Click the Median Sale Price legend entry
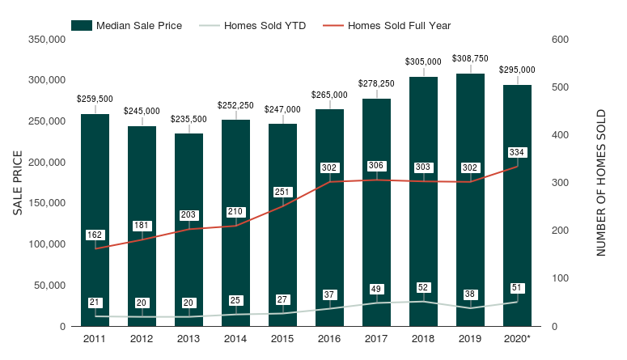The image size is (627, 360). (126, 26)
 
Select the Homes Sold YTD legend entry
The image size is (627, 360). (252, 26)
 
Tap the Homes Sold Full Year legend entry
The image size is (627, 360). (387, 26)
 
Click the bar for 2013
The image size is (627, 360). (189, 230)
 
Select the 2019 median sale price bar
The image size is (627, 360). (470, 200)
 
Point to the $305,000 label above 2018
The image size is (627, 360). (423, 61)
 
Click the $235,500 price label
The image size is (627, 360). (189, 119)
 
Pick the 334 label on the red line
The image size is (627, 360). (517, 152)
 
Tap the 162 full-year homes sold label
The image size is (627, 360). (95, 235)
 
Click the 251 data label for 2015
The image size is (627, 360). (282, 192)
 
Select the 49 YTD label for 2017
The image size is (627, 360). (376, 289)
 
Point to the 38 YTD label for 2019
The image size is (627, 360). (470, 294)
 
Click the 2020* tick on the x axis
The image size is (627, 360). (517, 339)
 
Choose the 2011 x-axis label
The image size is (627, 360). (95, 339)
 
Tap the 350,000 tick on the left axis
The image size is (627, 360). (47, 39)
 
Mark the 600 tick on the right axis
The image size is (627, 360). (560, 39)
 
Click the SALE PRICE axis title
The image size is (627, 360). (18, 183)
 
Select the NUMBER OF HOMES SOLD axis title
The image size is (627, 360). (601, 183)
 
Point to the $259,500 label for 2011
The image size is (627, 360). (95, 99)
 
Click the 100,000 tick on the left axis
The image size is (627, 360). (47, 244)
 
